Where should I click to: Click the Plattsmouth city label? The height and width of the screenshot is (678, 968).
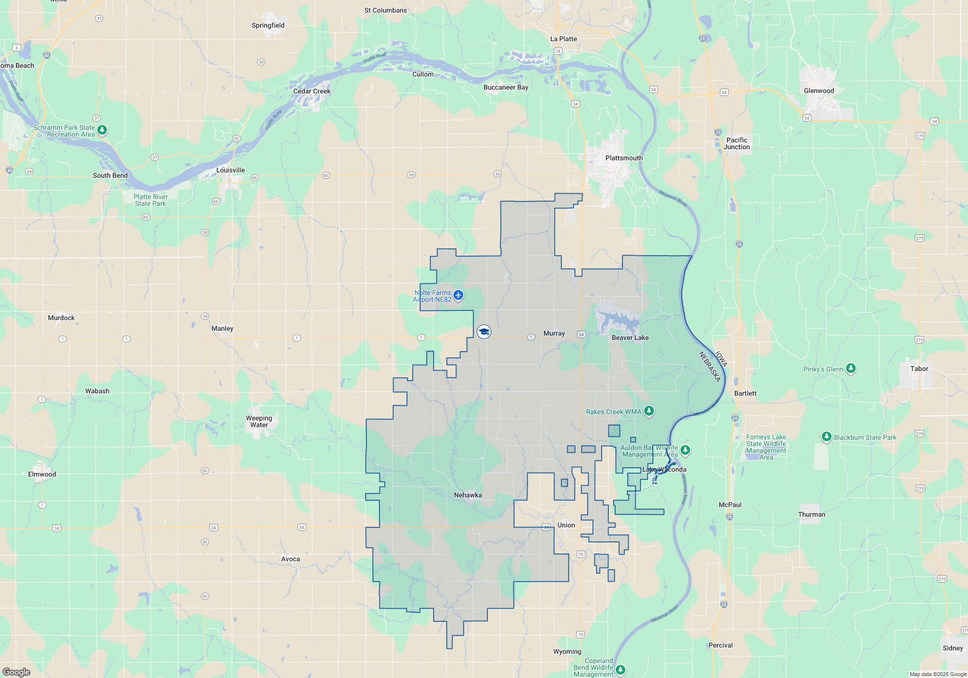click(x=624, y=158)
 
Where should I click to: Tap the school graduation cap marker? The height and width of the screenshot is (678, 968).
click(x=484, y=332)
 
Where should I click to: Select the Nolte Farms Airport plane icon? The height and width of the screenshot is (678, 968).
click(x=458, y=295)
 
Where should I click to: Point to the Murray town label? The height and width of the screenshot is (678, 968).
click(x=554, y=333)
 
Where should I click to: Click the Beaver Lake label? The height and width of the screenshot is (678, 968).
click(x=630, y=338)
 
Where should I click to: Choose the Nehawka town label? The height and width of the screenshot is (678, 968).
click(x=468, y=495)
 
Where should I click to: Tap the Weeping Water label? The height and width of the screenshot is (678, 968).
click(x=259, y=421)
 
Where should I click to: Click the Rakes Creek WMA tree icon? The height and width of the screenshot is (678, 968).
click(x=649, y=411)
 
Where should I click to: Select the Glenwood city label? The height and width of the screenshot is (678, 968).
click(x=818, y=91)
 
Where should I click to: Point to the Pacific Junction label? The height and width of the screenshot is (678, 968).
click(x=737, y=143)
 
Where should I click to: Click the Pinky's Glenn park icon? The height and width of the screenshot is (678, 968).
click(x=851, y=369)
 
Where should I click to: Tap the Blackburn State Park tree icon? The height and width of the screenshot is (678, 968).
click(x=827, y=437)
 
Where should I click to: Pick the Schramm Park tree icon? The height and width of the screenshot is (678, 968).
click(x=102, y=130)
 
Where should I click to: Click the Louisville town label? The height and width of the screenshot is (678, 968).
click(x=230, y=170)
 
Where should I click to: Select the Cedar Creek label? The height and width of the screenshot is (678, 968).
click(x=312, y=91)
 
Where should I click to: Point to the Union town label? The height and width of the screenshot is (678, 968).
click(x=566, y=525)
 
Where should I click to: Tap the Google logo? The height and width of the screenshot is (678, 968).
click(x=16, y=672)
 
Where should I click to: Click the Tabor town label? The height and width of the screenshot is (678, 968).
click(x=919, y=369)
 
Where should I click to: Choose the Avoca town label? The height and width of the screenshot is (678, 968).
click(x=290, y=559)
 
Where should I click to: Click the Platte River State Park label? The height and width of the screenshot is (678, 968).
click(x=151, y=200)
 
